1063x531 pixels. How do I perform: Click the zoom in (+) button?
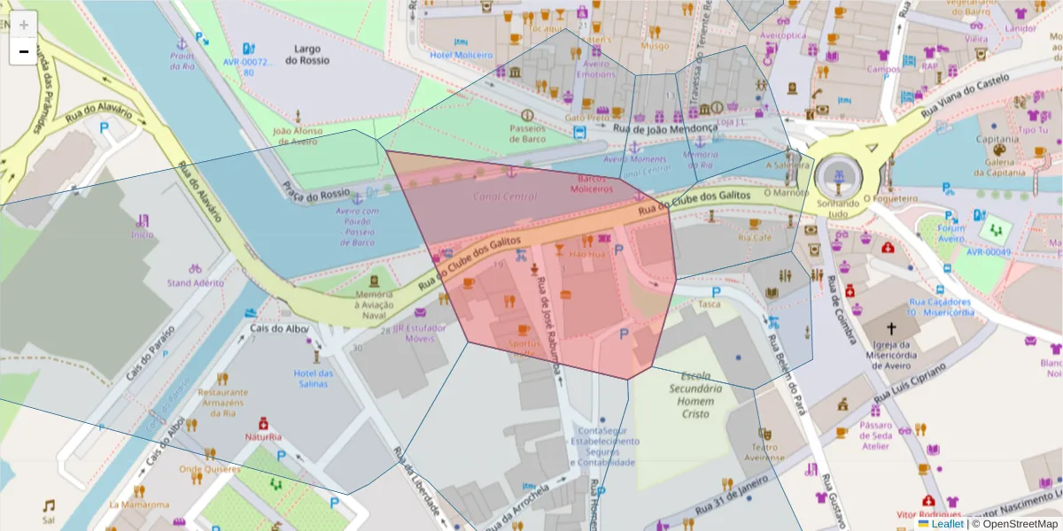[x=23, y=25]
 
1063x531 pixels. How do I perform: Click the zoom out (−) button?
[x=23, y=51]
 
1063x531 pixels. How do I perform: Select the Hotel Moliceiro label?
[x=460, y=55]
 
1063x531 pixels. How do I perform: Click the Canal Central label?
[x=505, y=196]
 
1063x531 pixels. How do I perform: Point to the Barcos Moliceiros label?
[x=592, y=183]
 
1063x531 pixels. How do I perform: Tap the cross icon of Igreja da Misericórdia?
[x=891, y=327]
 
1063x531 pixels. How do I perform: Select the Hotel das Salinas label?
[x=314, y=378]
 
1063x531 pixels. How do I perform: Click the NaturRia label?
[x=263, y=436]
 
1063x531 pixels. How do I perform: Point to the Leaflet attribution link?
[x=947, y=524]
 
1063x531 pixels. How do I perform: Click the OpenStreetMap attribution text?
[x=1019, y=524]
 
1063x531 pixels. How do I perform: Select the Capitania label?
[x=997, y=139]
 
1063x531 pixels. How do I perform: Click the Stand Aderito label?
[x=195, y=283]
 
